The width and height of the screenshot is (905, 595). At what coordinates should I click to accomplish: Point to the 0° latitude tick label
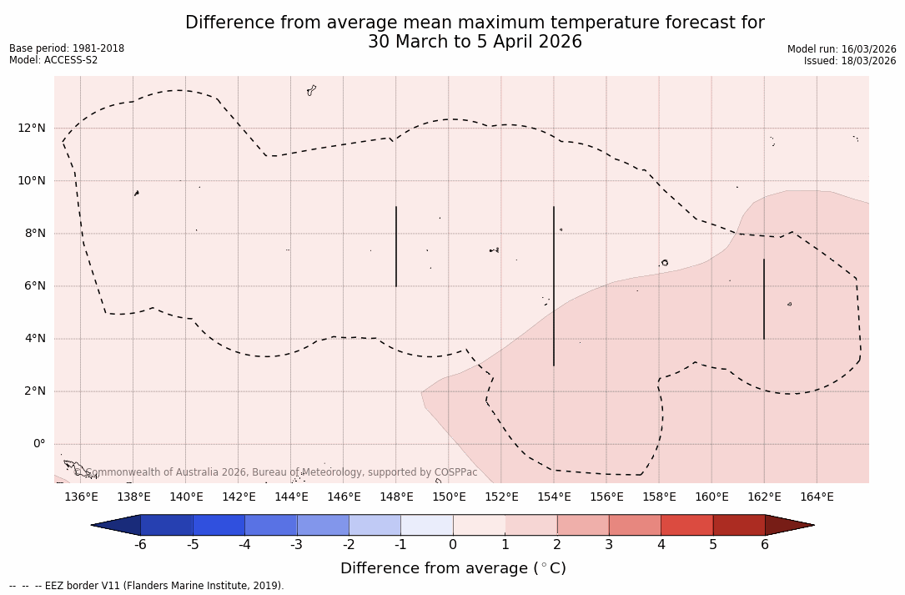(x=38, y=444)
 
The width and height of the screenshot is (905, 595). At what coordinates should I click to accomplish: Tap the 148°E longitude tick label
(x=396, y=497)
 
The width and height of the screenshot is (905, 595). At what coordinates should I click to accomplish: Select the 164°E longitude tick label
(x=817, y=497)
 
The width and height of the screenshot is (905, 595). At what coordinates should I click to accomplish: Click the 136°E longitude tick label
(x=81, y=497)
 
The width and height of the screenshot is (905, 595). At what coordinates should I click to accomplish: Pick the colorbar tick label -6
(x=140, y=545)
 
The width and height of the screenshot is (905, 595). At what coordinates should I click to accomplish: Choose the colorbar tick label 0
(x=453, y=545)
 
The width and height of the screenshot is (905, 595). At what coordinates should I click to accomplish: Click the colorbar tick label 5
(x=713, y=545)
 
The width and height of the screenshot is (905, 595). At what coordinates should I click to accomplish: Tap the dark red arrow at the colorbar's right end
(x=788, y=525)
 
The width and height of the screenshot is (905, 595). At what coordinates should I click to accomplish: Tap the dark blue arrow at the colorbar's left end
(x=117, y=525)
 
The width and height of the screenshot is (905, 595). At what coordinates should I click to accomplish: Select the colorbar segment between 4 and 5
(x=686, y=525)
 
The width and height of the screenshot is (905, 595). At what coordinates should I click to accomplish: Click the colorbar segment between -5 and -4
(x=219, y=525)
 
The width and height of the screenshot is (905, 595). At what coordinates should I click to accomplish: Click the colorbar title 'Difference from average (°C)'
(x=453, y=568)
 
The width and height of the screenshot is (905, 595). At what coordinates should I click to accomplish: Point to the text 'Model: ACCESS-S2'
(x=53, y=60)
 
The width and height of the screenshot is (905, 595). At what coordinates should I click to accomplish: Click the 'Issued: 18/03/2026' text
(x=850, y=61)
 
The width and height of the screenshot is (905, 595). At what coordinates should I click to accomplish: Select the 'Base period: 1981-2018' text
(x=67, y=48)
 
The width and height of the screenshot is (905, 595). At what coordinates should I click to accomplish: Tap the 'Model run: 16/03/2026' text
(x=842, y=49)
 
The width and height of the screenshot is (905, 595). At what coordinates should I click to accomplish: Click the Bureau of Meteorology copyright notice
(x=276, y=472)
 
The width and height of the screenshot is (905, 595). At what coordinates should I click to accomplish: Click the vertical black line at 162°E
(x=764, y=299)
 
